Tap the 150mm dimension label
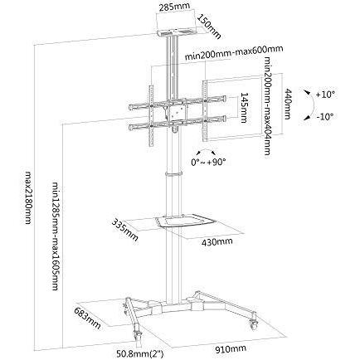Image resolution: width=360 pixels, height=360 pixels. (209, 26)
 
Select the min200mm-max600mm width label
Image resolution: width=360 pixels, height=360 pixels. (234, 53)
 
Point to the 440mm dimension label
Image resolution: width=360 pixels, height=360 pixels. (288, 104)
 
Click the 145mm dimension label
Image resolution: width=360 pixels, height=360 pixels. (244, 108)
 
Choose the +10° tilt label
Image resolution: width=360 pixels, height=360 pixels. (325, 95)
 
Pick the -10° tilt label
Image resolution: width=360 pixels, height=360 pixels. (324, 116)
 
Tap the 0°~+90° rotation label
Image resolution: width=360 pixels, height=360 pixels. (208, 162)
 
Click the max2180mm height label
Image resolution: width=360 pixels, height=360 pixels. (28, 197)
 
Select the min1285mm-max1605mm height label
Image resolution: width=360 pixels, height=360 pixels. (56, 236)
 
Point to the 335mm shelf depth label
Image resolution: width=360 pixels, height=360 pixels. (124, 230)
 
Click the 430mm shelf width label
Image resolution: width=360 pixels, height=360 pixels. (217, 242)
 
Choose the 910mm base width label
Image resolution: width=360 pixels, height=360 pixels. (230, 349)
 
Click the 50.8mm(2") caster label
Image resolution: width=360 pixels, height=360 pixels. (140, 353)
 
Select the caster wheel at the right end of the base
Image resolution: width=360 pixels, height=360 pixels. (253, 322)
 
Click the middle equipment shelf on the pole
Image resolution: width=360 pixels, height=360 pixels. (184, 221)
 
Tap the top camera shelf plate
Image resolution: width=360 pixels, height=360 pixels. (176, 32)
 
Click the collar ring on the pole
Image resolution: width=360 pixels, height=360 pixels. (174, 173)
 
